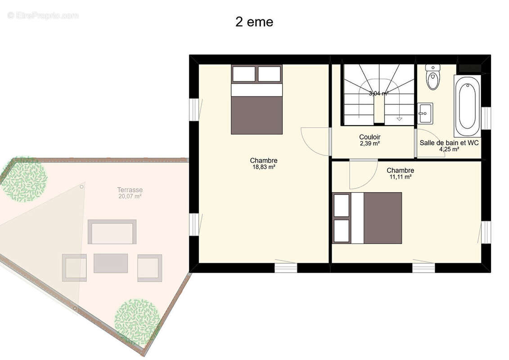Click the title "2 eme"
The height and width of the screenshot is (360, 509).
[x=254, y=22]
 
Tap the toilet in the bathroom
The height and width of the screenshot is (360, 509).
[x=433, y=77]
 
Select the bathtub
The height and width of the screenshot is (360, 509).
[x=467, y=106]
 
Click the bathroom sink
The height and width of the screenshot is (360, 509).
[x=424, y=113]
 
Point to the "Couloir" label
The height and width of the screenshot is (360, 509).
[x=369, y=137]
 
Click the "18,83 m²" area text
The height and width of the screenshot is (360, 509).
[x=264, y=167]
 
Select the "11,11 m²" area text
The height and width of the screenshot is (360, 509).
[x=400, y=177]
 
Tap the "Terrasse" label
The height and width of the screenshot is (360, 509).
[x=130, y=190]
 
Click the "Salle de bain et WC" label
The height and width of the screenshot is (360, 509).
[x=449, y=143]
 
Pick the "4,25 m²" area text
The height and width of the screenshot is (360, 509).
[x=449, y=149]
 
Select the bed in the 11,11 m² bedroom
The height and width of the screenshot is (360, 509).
[x=367, y=218]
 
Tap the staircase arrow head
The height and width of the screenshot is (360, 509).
[x=399, y=119]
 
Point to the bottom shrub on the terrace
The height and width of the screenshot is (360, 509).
[x=137, y=321]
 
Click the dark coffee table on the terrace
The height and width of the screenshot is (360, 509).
[x=111, y=263]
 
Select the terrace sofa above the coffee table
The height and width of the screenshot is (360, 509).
[x=112, y=232]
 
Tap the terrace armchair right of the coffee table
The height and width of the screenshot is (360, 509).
[x=149, y=268]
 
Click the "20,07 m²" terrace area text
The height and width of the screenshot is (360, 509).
[x=130, y=196]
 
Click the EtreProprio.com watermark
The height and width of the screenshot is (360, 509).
[x=43, y=15]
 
